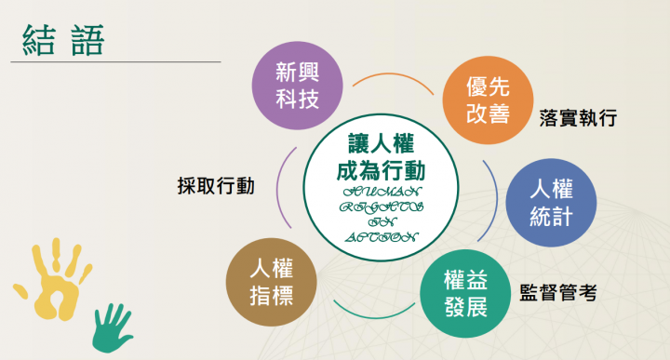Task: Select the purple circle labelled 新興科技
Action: click(x=297, y=85)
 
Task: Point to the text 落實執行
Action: click(x=578, y=119)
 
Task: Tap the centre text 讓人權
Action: click(x=380, y=144)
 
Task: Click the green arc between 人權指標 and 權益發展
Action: click(x=370, y=313)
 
